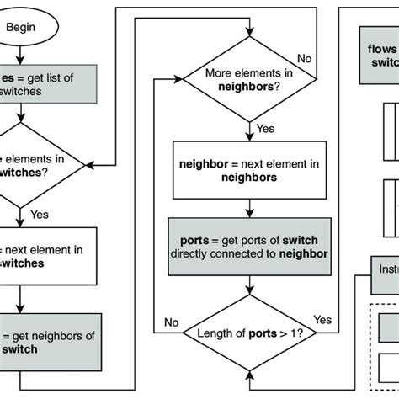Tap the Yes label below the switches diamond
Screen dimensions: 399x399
coord(40,215)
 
